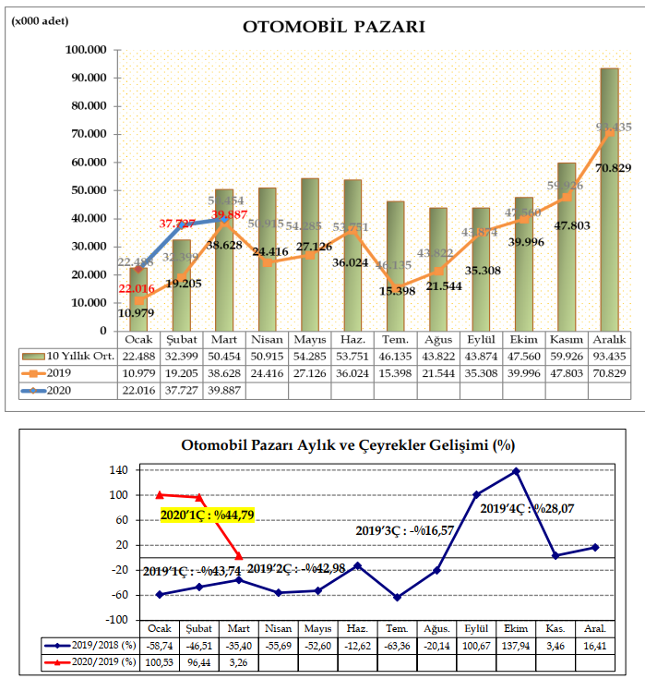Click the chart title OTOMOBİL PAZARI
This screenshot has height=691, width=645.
click(x=333, y=26)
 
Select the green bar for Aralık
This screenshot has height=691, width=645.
click(x=609, y=199)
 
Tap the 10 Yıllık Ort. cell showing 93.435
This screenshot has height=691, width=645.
click(x=609, y=356)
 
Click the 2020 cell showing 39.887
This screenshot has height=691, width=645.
click(x=225, y=391)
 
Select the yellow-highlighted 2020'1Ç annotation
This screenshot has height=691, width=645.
click(x=207, y=515)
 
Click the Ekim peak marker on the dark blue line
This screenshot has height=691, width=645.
click(x=516, y=471)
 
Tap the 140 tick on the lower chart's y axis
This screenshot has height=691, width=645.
click(x=117, y=470)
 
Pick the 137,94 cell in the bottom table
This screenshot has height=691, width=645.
click(x=516, y=646)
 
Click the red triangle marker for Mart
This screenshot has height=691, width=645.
click(x=239, y=556)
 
